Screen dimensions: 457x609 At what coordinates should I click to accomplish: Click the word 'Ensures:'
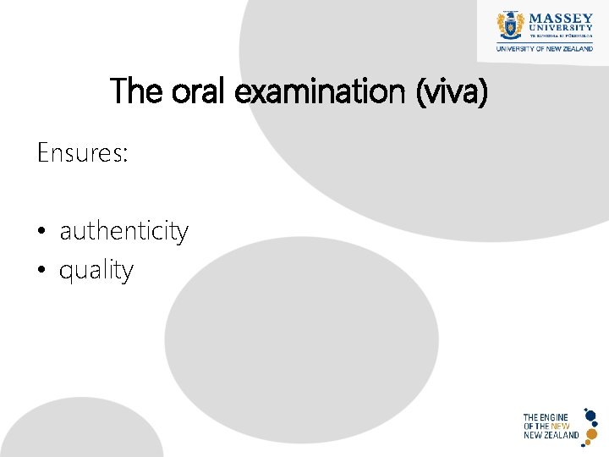click(82, 153)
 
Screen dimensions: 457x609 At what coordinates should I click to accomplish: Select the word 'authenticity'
click(123, 231)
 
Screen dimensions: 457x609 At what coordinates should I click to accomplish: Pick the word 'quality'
click(96, 271)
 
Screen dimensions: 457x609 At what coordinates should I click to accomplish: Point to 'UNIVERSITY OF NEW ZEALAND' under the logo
click(544, 49)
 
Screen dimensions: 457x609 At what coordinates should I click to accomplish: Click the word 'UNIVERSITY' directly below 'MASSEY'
click(561, 28)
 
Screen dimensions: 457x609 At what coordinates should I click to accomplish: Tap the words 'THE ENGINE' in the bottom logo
click(546, 417)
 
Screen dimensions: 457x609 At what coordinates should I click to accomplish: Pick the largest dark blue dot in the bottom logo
click(590, 416)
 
